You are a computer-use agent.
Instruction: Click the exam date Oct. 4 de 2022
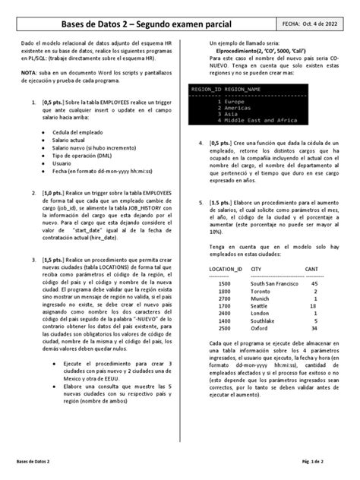coord(320,24)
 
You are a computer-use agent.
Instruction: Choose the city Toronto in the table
coord(261,290)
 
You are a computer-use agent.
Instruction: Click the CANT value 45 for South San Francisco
coord(314,283)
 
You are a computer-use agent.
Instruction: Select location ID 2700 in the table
coord(223,298)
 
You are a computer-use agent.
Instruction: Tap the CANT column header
coord(311,269)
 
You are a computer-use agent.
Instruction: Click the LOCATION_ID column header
coord(226,269)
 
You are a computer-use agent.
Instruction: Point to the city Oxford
coord(259,328)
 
